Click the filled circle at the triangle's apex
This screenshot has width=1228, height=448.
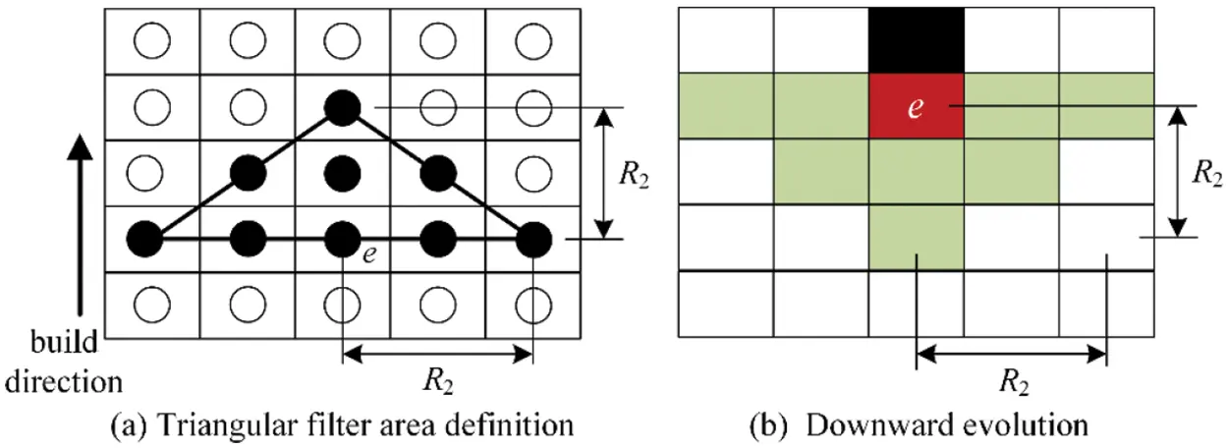point(342,106)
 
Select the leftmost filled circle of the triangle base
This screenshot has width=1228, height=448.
point(146,238)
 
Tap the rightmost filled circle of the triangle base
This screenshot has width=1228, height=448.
point(532,238)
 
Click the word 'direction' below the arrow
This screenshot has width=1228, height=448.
point(62,380)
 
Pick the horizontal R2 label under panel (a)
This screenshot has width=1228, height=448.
point(437,383)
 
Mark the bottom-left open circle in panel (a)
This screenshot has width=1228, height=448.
point(151,305)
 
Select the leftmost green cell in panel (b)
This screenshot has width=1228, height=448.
point(725,106)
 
